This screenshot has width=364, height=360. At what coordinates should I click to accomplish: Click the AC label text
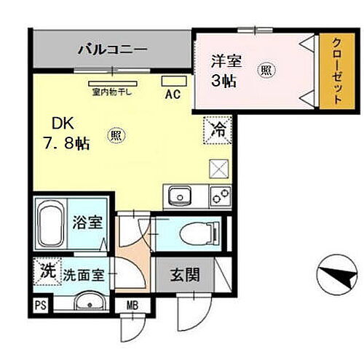[x=173, y=95]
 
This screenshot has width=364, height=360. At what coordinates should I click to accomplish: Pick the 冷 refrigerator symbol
[x=218, y=129]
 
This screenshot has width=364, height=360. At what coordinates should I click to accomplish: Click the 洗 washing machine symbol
[x=46, y=273]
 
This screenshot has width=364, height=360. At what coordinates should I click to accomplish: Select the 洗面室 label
[x=82, y=276]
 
